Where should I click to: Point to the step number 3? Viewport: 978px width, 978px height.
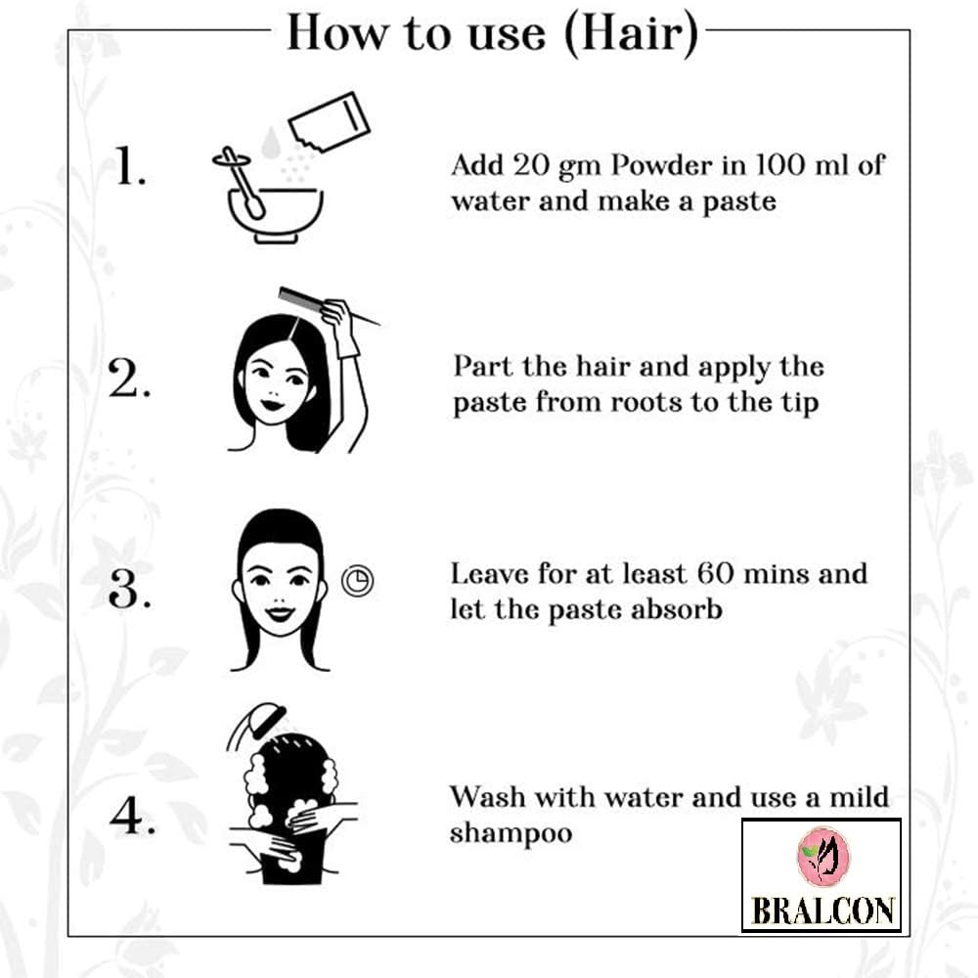coord(129,588)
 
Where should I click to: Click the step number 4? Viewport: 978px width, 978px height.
coord(132,815)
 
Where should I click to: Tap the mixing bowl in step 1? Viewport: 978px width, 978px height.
coord(275,215)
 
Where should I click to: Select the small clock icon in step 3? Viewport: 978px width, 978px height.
coord(357,580)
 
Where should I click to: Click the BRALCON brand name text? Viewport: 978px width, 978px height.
coord(822,910)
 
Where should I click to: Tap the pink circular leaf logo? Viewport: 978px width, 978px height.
coord(822,857)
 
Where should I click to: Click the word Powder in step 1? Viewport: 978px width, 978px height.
coord(662,165)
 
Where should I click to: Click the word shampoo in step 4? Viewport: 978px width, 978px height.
coord(511,834)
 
